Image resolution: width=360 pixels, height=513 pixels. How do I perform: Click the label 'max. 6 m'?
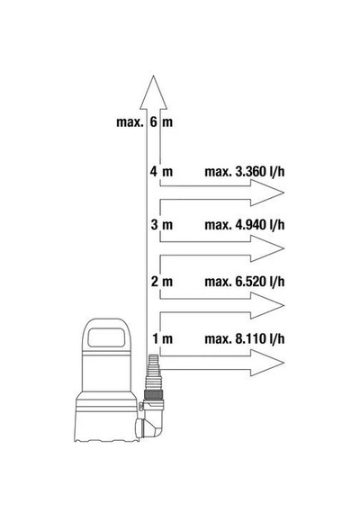click(144, 122)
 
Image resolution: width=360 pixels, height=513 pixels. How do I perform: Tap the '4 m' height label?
click(161, 171)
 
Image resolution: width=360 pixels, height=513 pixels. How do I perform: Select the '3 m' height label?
click(161, 225)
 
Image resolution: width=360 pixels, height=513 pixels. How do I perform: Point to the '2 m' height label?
click(161, 282)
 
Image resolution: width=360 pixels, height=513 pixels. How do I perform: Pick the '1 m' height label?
click(162, 338)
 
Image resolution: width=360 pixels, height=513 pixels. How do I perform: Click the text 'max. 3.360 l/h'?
click(245, 172)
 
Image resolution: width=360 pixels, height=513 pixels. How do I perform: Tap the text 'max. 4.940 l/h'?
click(245, 225)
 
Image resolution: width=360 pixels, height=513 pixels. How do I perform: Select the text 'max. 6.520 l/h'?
click(245, 282)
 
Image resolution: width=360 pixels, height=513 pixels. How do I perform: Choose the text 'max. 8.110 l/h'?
click(245, 339)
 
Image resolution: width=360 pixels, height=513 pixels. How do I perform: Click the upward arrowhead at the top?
click(153, 93)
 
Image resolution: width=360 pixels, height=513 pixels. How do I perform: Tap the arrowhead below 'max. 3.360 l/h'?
click(266, 193)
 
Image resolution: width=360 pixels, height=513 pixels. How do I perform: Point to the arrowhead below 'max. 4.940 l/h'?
click(266, 248)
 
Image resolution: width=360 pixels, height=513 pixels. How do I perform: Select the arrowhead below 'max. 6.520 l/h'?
click(266, 305)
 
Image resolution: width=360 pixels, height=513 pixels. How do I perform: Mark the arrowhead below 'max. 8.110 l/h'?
click(266, 363)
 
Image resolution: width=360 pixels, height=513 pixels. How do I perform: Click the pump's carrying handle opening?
click(106, 337)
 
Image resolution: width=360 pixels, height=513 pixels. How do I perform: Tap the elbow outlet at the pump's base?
click(149, 424)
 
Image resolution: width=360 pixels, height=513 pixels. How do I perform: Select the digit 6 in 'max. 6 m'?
click(154, 122)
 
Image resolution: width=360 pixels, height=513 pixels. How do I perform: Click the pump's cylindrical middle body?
click(106, 369)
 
